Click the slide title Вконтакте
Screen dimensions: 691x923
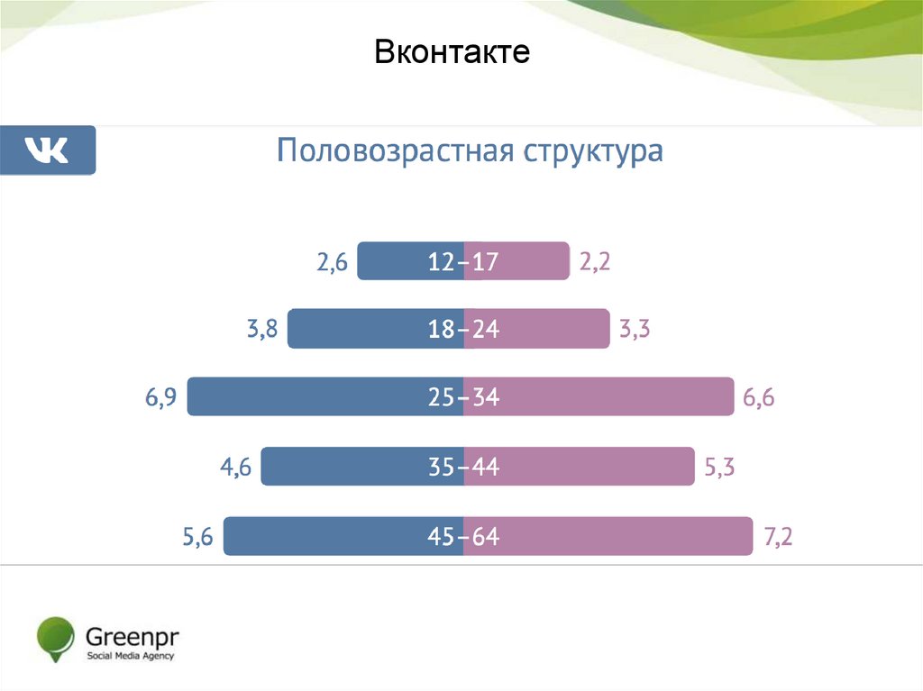(x=452, y=52)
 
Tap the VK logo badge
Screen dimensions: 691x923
(x=48, y=150)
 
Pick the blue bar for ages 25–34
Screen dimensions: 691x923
(x=297, y=396)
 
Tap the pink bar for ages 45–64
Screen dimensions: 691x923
(x=631, y=536)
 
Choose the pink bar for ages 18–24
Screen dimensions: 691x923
(x=559, y=329)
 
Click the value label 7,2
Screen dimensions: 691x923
(x=778, y=538)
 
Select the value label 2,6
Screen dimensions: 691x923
(x=331, y=263)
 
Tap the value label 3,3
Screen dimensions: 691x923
(x=635, y=331)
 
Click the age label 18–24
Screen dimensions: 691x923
(x=464, y=330)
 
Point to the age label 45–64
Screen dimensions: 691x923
(x=464, y=538)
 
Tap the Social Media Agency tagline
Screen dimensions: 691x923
(x=130, y=655)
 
